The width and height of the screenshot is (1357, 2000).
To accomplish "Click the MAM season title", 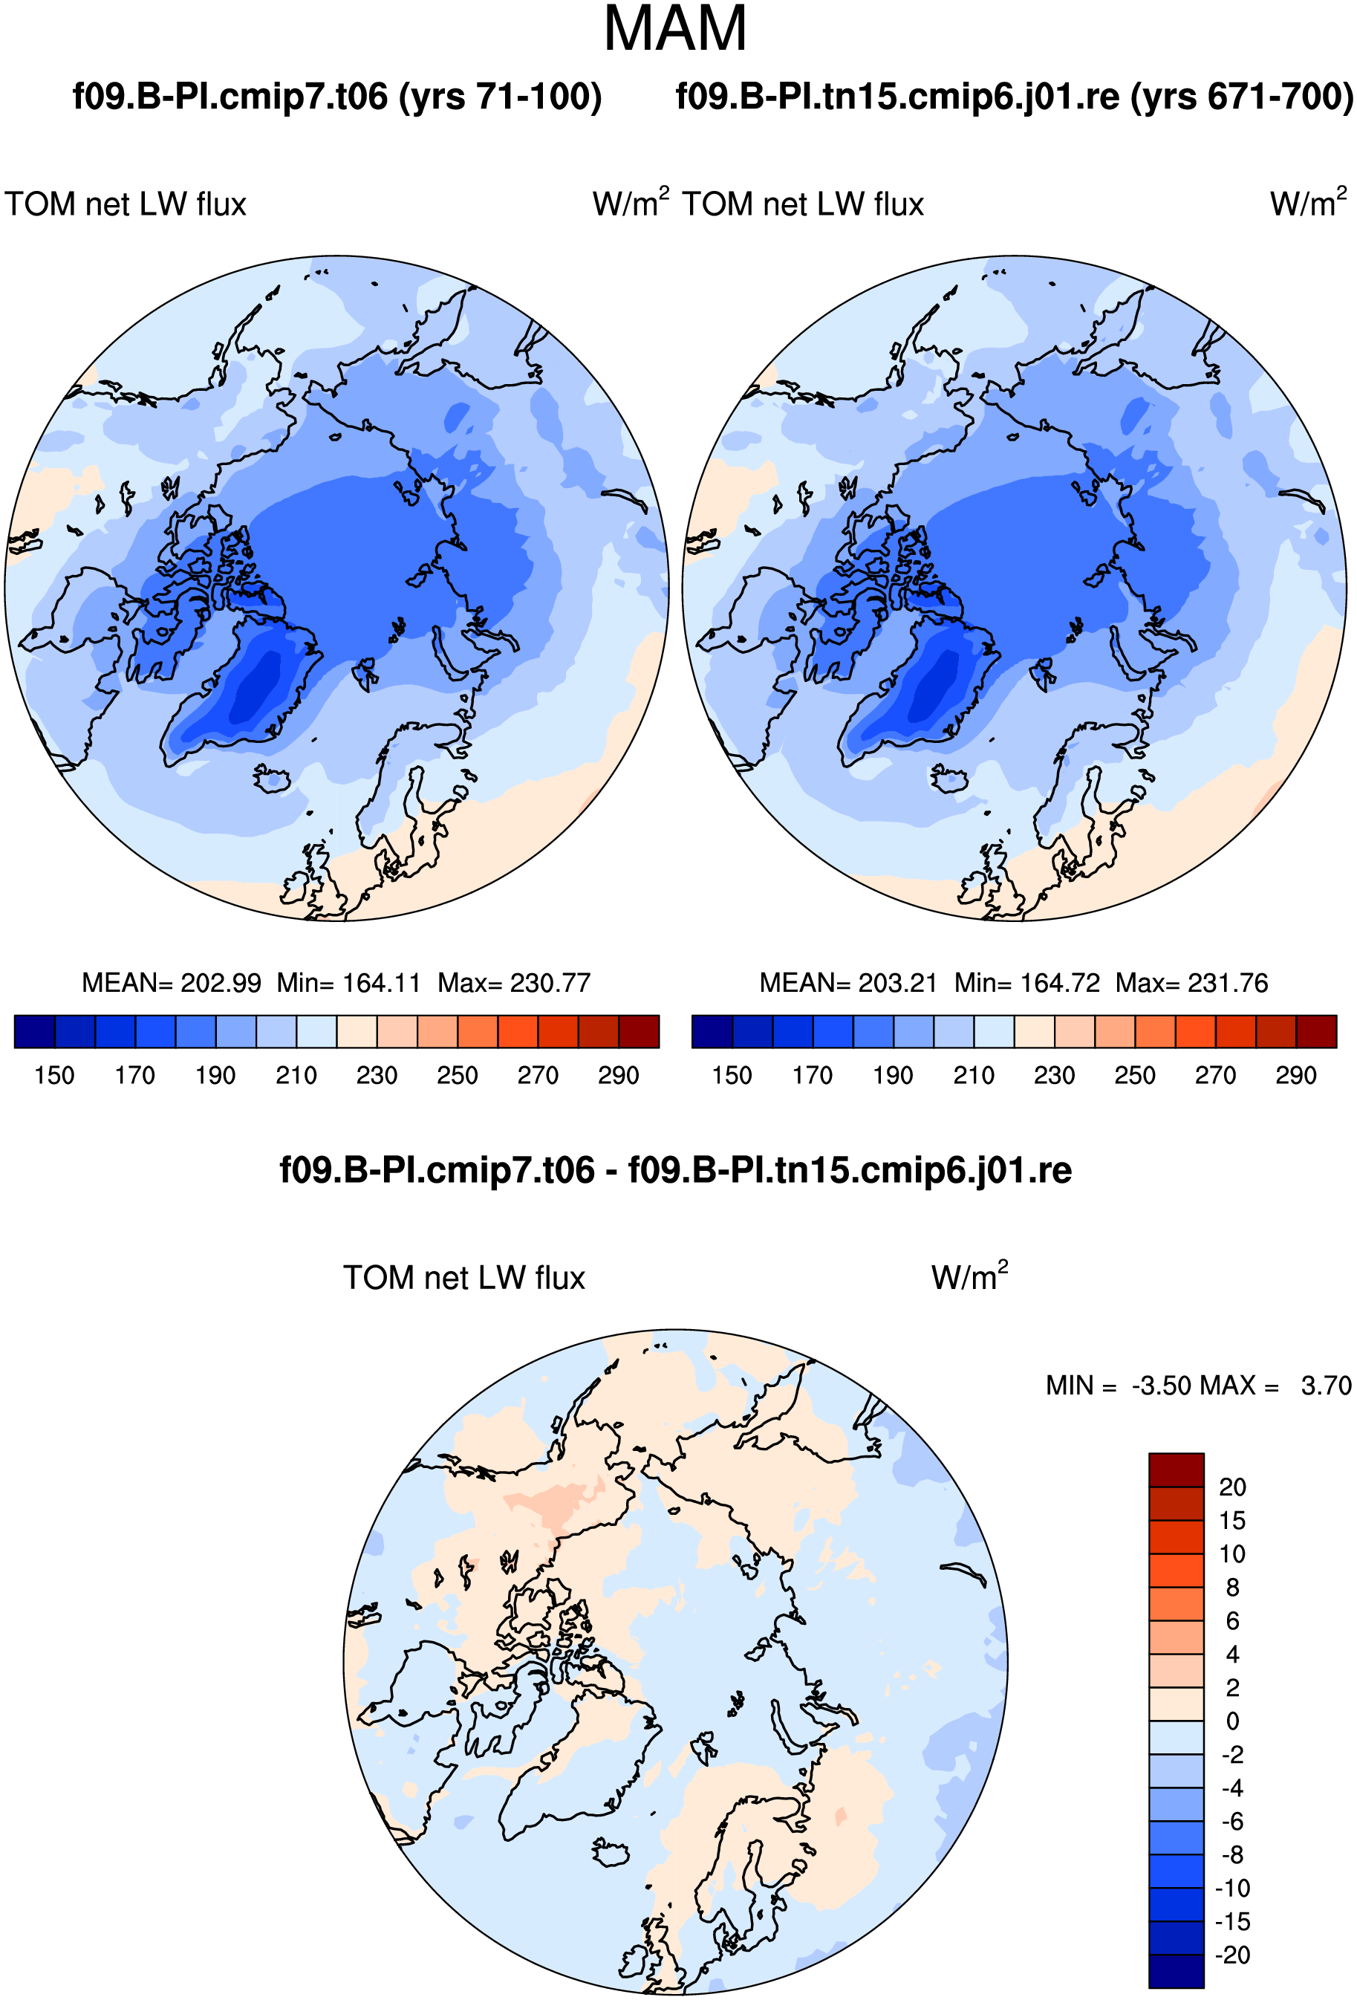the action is (x=675, y=29).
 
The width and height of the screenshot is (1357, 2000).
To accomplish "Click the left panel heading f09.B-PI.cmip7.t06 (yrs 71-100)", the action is (x=337, y=97).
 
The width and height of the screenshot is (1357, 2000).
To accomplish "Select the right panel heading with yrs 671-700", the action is (x=1015, y=97).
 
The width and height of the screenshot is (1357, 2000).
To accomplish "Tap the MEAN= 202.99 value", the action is (x=172, y=983).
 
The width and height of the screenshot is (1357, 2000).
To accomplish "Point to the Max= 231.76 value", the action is (x=1192, y=983).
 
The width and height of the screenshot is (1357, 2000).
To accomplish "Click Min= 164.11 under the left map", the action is (x=348, y=983).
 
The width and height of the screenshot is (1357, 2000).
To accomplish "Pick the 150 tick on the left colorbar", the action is (x=54, y=1076).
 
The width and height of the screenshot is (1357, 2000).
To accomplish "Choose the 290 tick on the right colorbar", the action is (x=1296, y=1076).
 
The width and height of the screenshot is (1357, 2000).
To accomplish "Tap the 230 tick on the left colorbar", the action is (x=377, y=1076).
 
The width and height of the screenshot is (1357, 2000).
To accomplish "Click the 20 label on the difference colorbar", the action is (x=1232, y=1487).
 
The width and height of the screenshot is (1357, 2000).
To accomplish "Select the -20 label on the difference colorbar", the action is (x=1232, y=1955).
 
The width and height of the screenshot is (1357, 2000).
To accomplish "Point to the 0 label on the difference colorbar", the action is (x=1233, y=1721).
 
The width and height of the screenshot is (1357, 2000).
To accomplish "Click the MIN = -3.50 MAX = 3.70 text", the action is (x=1199, y=1386).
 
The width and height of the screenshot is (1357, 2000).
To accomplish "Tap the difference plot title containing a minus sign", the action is (x=675, y=1170).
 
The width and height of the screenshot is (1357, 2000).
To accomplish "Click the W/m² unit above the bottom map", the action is (x=970, y=1276).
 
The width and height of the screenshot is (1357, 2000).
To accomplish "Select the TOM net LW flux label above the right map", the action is (x=803, y=205).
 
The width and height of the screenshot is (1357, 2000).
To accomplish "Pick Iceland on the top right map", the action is (x=950, y=779).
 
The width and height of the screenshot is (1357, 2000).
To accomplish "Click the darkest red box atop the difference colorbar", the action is (x=1177, y=1470).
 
